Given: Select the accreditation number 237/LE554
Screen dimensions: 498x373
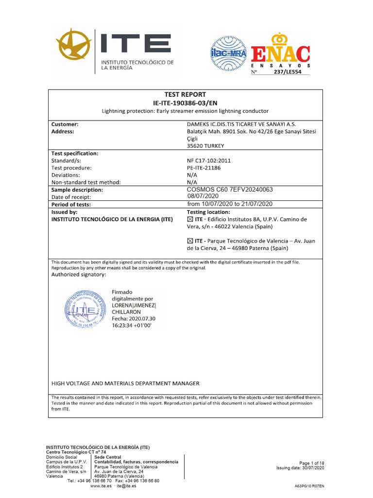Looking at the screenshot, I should coord(290,71).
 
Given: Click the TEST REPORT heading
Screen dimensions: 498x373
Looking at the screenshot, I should coord(185,94).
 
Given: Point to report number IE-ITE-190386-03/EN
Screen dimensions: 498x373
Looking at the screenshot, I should coord(185,103).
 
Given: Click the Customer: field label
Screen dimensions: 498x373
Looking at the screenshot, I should coord(65,124).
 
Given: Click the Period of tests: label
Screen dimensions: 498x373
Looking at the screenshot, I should coord(71,204).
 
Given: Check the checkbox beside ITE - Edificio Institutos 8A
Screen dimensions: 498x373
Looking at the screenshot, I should coord(190,219).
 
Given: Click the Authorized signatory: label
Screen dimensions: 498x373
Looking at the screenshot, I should coord(78,275).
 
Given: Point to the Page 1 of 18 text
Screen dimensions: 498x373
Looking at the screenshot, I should coord(311,463).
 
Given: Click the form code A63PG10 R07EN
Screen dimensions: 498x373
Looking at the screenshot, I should coord(309,486).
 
